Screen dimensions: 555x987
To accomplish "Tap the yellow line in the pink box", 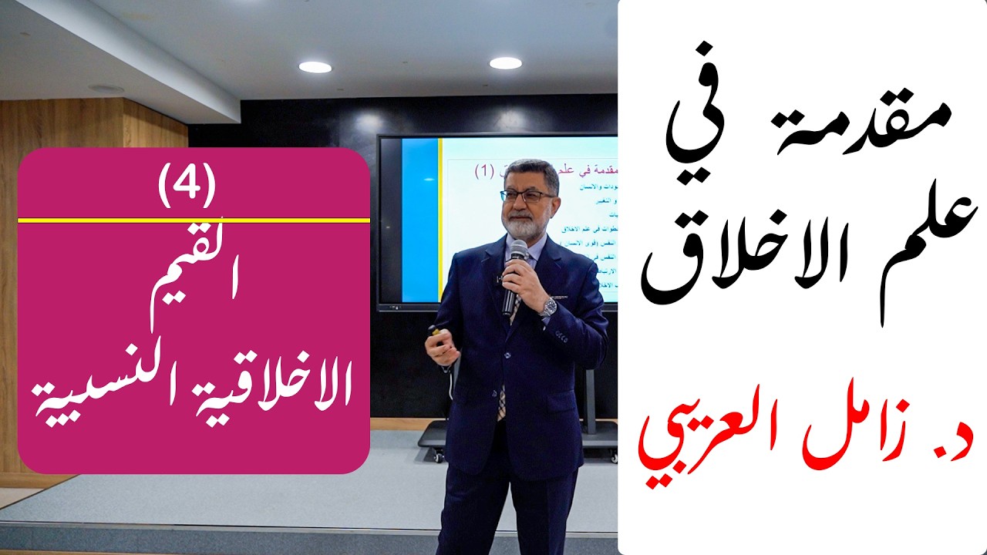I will (x=193, y=220).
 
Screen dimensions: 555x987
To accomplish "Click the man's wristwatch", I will (x=548, y=307).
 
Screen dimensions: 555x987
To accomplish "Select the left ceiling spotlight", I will (x=315, y=67).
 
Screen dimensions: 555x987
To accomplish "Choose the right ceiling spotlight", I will (x=505, y=63).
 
